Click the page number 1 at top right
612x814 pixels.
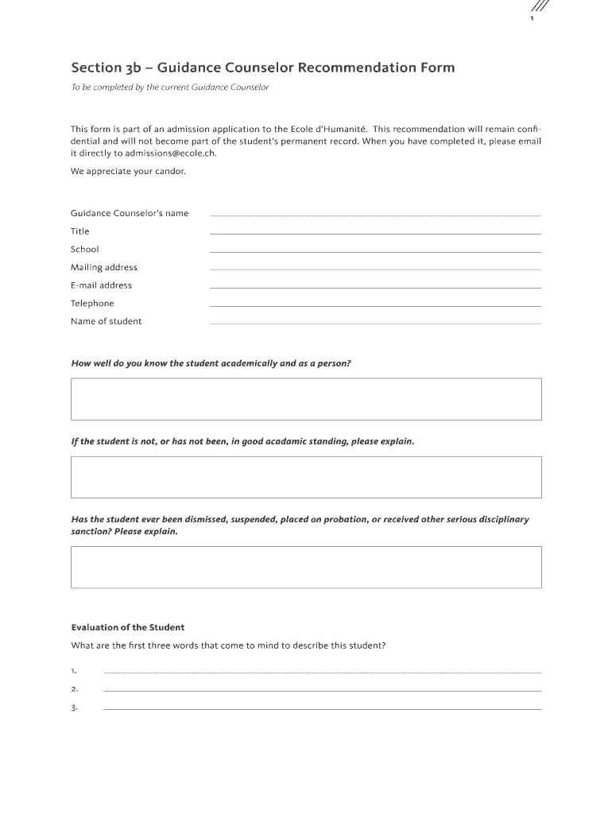pyautogui.click(x=532, y=20)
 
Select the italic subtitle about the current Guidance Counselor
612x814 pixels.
pyautogui.click(x=170, y=87)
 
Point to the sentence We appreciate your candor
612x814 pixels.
pyautogui.click(x=128, y=171)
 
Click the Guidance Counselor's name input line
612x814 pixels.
pyautogui.click(x=374, y=215)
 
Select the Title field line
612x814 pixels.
pyautogui.click(x=374, y=232)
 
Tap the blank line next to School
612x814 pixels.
pyautogui.click(x=374, y=250)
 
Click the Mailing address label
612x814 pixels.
pyautogui.click(x=104, y=267)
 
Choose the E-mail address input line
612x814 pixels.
pyautogui.click(x=374, y=286)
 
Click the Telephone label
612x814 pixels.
pyautogui.click(x=92, y=303)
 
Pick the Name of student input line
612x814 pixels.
pyautogui.click(x=374, y=322)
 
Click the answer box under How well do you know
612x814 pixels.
pyautogui.click(x=306, y=399)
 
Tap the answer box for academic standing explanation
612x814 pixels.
pyautogui.click(x=306, y=477)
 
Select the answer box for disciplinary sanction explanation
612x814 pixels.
pyautogui.click(x=306, y=567)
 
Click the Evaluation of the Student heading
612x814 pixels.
pyautogui.click(x=128, y=627)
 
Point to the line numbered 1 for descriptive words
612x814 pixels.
pyautogui.click(x=322, y=672)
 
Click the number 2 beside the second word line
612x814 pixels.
pyautogui.click(x=74, y=689)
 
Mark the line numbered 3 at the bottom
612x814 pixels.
pyautogui.click(x=322, y=707)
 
